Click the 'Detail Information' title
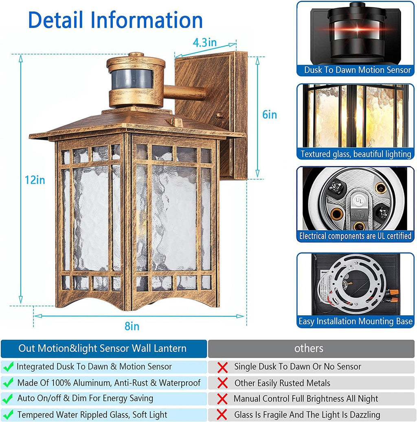pyautogui.click(x=115, y=20)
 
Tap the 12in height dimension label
pyautogui.click(x=35, y=180)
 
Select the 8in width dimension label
pyautogui.click(x=132, y=326)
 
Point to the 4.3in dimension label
pyautogui.click(x=204, y=42)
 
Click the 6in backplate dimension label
pyautogui.click(x=269, y=115)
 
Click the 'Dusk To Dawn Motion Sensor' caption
pyautogui.click(x=357, y=70)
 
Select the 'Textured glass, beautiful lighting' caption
pyautogui.click(x=356, y=154)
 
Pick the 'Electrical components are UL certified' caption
pyautogui.click(x=355, y=236)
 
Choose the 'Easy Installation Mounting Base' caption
pyautogui.click(x=355, y=321)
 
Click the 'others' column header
pyautogui.click(x=309, y=348)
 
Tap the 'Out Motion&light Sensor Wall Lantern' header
pyautogui.click(x=102, y=348)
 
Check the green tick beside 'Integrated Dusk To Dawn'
pyautogui.click(x=8, y=367)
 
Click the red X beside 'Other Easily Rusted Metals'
pyautogui.click(x=222, y=383)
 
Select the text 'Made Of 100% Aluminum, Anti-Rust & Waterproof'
pyautogui.click(x=109, y=383)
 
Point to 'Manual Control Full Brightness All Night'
pyautogui.click(x=305, y=399)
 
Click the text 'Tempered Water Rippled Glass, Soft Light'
pyautogui.click(x=92, y=415)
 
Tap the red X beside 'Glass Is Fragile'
pyautogui.click(x=222, y=415)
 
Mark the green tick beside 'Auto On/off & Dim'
pyautogui.click(x=8, y=399)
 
